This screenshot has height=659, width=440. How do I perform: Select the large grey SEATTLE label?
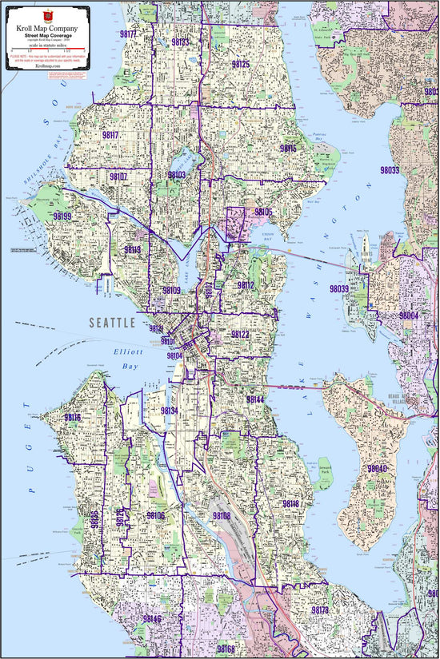pos(113,324)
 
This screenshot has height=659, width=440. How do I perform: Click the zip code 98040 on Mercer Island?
pos(377,469)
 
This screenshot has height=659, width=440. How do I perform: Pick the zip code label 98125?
pos(240,64)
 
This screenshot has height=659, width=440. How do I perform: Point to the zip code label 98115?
pos(288,149)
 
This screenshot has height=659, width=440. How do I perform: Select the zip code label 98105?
pos(263,212)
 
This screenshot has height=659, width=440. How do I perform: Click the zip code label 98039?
pos(339,288)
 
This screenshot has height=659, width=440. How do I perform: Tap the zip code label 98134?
pos(170,411)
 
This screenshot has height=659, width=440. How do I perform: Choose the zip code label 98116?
pos(72,418)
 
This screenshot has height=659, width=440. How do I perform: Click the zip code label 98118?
pos(290,504)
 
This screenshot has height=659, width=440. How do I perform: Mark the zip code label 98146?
pos(152,619)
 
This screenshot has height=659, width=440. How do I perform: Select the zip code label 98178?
pos(319,610)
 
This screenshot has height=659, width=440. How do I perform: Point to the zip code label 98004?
pos(409,316)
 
